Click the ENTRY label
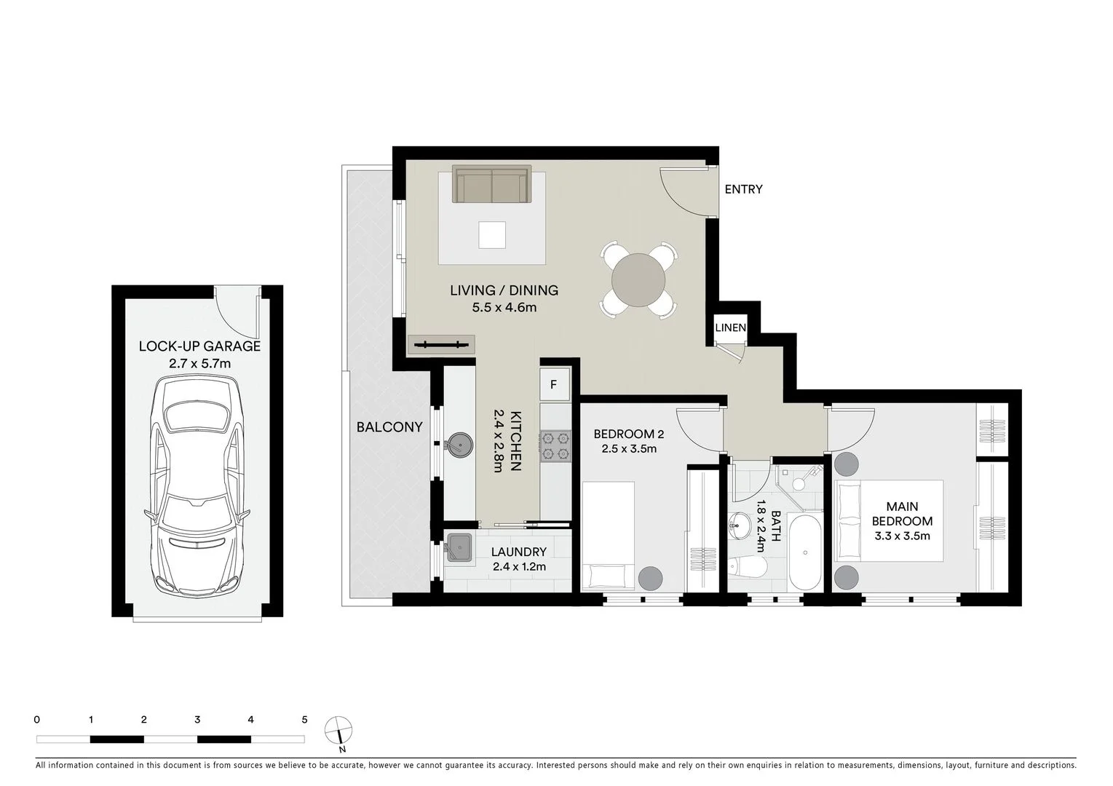pos(743,189)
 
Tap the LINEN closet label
pos(730,327)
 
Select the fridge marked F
pos(553,384)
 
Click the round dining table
pos(638,279)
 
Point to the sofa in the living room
pos(491,185)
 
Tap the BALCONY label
pos(389,427)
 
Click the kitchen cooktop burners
pos(554,445)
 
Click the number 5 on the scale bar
pos(304,720)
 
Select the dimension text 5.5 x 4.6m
pos(504,307)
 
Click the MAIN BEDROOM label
pos(902,514)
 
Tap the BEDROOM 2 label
pos(628,434)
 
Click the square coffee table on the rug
pos(492,234)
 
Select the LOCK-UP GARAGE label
pos(199,346)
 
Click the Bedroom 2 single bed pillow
pos(607,576)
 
